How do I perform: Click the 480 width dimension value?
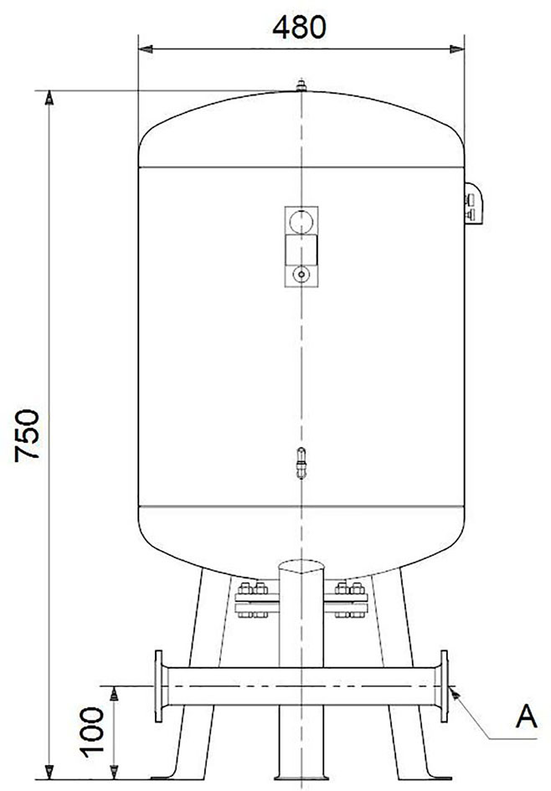coord(299,28)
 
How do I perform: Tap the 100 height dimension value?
coord(92,732)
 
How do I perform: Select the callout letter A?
coord(526,716)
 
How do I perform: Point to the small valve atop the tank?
coord(301,85)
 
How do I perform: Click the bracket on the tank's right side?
coord(473,203)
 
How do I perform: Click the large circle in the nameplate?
coord(301,222)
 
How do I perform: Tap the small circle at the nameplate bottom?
coord(301,275)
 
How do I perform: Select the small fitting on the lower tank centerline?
coord(301,462)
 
